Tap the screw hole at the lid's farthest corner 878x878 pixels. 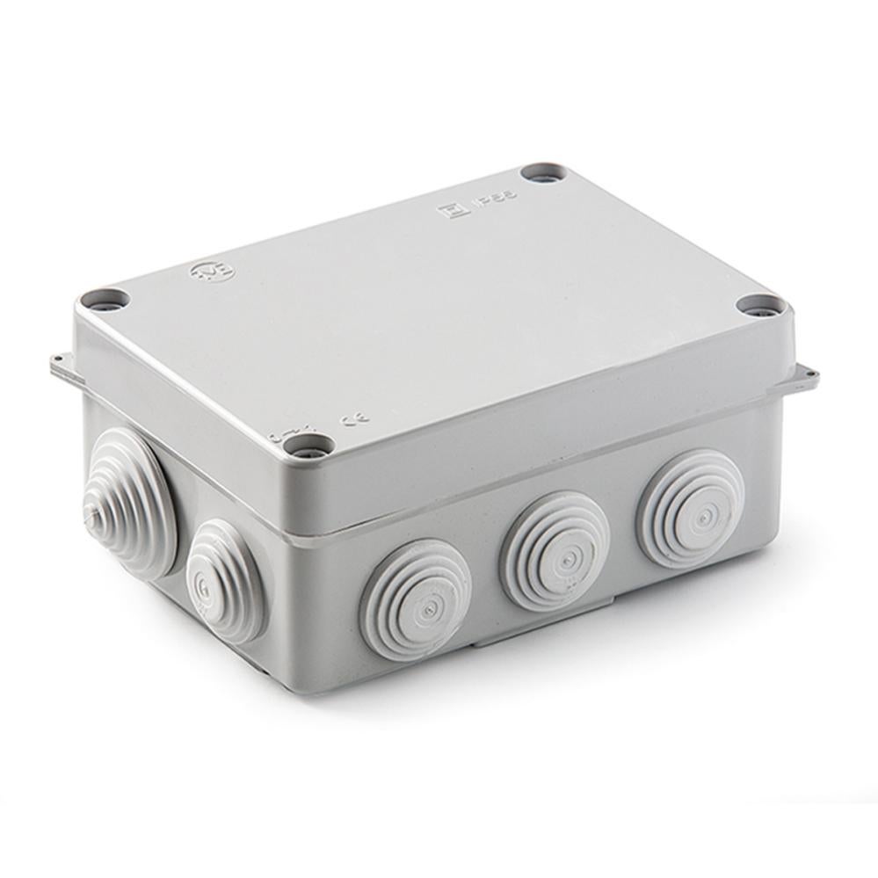point(541,172)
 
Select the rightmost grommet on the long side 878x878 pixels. point(691,508)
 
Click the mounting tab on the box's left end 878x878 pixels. point(60,365)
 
